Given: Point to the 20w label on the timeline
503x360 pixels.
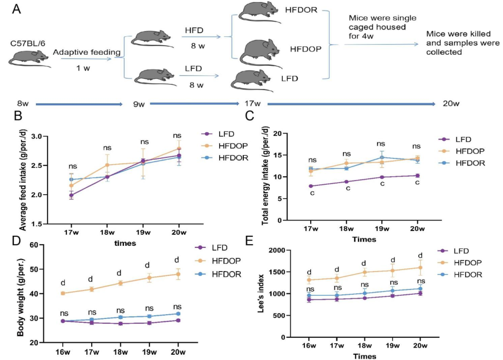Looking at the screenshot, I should pyautogui.click(x=451, y=104).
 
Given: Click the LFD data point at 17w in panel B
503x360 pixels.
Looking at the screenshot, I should pyautogui.click(x=71, y=195).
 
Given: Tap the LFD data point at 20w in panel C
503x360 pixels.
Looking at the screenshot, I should pyautogui.click(x=417, y=176).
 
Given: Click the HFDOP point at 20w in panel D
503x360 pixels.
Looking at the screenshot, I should pyautogui.click(x=177, y=274).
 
